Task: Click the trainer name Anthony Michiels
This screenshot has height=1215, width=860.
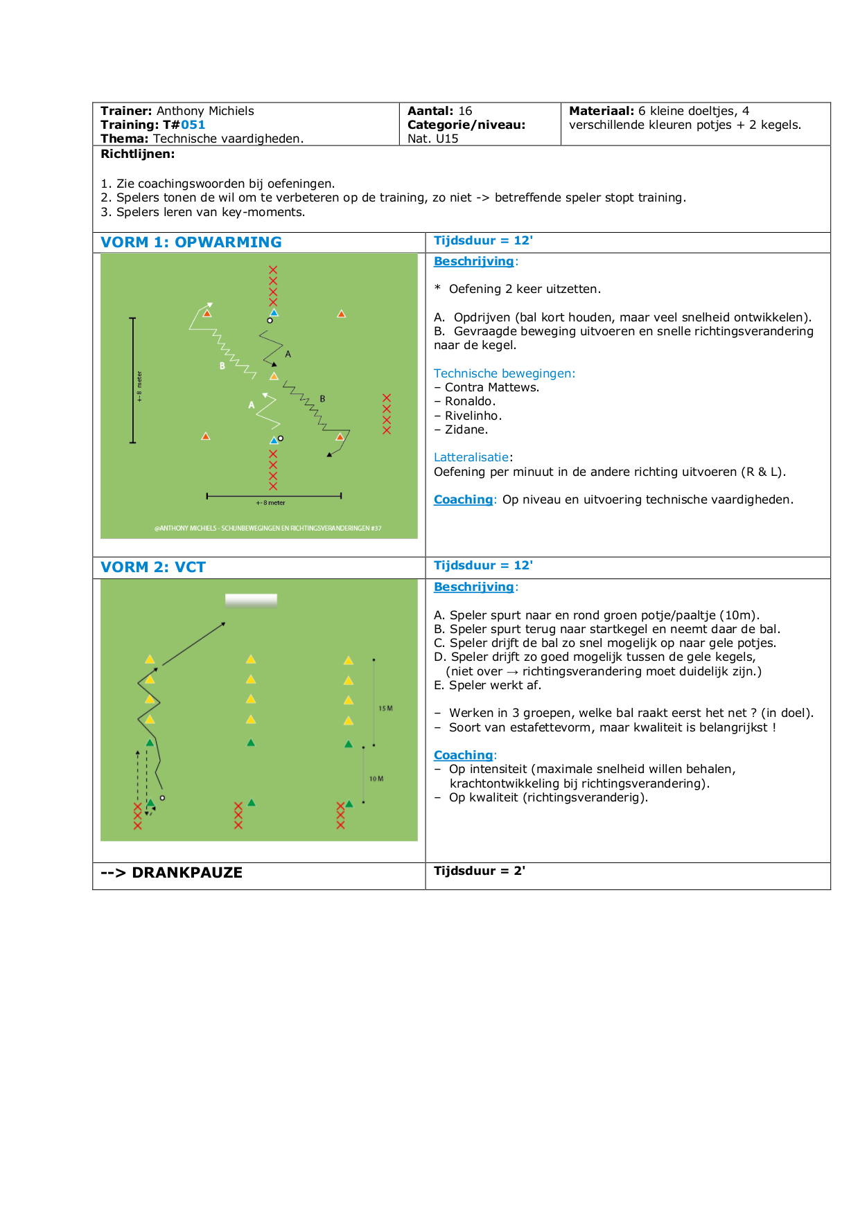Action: coord(205,111)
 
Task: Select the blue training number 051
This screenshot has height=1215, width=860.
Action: coord(193,125)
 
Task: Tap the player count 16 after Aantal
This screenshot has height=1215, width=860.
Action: coord(465,111)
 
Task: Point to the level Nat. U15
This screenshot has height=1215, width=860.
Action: coord(432,139)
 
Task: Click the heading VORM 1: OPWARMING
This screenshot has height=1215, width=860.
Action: coord(191,242)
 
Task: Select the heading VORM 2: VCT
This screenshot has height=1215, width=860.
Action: coord(153,567)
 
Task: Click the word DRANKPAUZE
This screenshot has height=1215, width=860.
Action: coord(187,873)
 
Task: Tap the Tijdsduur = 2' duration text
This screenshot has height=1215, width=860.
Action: coord(480,871)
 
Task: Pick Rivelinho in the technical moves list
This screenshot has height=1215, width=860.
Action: coord(473,416)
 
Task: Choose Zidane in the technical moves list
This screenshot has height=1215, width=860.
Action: coord(466,429)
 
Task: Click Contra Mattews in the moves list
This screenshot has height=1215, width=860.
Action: coord(492,387)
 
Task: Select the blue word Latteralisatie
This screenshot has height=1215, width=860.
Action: coord(472,457)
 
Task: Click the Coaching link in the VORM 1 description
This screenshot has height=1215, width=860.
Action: coord(463,499)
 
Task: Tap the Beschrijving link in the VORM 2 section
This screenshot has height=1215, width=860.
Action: coord(474,587)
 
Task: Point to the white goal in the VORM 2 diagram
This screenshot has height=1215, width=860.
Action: coord(251,601)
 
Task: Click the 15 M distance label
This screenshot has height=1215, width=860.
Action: coord(385,709)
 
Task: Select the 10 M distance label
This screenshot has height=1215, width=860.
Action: coord(376,779)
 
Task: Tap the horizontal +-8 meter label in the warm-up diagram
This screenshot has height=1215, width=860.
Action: coord(270,503)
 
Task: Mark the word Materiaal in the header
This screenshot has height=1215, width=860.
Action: coord(602,111)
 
